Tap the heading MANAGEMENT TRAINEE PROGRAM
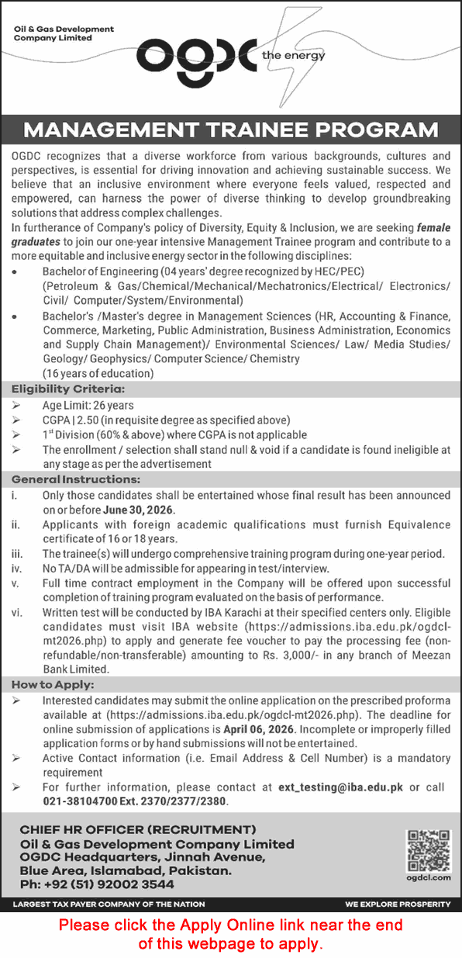point(230,130)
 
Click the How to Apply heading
point(52,684)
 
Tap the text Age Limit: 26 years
point(88,405)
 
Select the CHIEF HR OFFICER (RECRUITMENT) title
point(138,829)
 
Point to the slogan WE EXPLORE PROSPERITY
point(398,904)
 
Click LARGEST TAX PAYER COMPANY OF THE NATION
point(109,904)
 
